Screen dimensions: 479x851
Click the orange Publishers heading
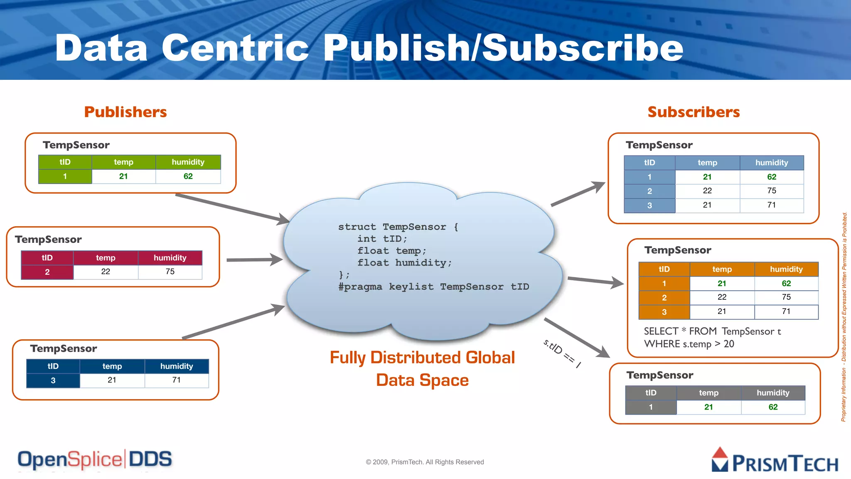pyautogui.click(x=125, y=112)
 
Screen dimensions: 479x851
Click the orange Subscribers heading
pyautogui.click(x=694, y=112)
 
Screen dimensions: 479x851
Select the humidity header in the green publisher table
pyautogui.click(x=188, y=162)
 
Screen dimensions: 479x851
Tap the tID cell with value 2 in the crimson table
pyautogui.click(x=47, y=272)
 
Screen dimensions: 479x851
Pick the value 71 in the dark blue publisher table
pyautogui.click(x=177, y=380)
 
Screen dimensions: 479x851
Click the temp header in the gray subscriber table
pyautogui.click(x=708, y=393)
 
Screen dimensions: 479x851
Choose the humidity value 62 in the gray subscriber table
pyautogui.click(x=773, y=407)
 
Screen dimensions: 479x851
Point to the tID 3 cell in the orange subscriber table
pyautogui.click(x=664, y=312)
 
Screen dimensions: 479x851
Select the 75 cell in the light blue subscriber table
pyautogui.click(x=772, y=191)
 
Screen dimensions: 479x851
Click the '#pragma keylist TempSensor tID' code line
pyautogui.click(x=433, y=287)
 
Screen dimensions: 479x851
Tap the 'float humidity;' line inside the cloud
pyautogui.click(x=404, y=263)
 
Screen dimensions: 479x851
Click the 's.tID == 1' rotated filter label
pyautogui.click(x=562, y=353)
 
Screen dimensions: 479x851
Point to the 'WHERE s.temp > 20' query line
pyautogui.click(x=689, y=344)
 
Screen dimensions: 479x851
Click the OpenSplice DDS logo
pyautogui.click(x=95, y=459)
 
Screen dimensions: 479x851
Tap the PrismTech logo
pyautogui.click(x=775, y=461)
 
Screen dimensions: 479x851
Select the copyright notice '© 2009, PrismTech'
pyautogui.click(x=425, y=462)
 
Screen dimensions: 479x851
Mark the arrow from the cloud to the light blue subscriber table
pyautogui.click(x=578, y=194)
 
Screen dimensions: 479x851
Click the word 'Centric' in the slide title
pyautogui.click(x=235, y=48)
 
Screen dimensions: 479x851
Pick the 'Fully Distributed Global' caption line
pyautogui.click(x=422, y=358)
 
